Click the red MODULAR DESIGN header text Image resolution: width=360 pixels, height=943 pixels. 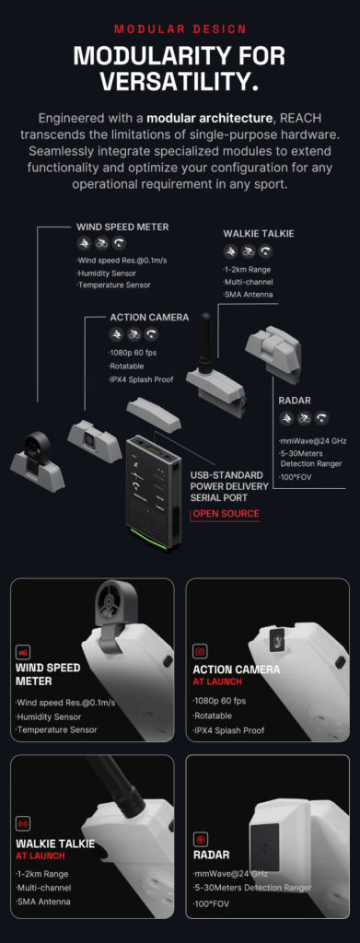pyautogui.click(x=180, y=29)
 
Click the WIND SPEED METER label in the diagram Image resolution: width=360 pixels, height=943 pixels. pyautogui.click(x=122, y=227)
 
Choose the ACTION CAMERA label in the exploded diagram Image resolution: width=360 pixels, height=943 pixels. pyautogui.click(x=149, y=317)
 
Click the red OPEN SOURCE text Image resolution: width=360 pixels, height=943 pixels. pyautogui.click(x=226, y=514)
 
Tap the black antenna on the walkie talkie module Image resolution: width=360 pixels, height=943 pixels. pyautogui.click(x=206, y=342)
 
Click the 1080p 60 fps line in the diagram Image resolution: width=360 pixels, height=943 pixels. pyautogui.click(x=130, y=353)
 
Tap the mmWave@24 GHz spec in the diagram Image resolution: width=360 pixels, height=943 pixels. pyautogui.click(x=312, y=441)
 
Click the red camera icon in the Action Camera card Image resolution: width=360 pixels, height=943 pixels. pyautogui.click(x=200, y=652)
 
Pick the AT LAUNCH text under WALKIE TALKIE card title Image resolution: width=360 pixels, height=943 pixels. pyautogui.click(x=41, y=856)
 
